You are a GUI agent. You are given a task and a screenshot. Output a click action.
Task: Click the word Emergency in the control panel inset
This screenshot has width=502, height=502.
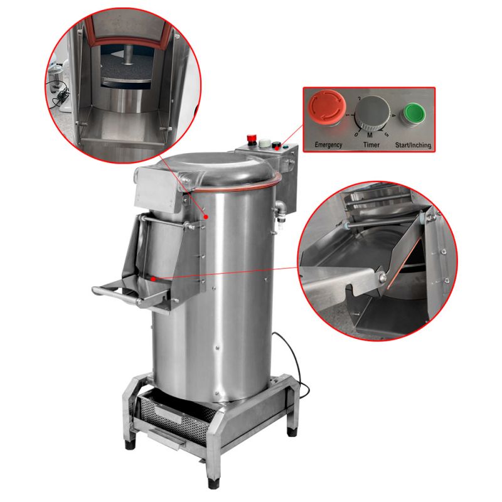click(x=328, y=145)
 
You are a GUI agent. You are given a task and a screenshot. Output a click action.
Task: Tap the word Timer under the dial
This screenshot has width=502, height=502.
click(x=371, y=145)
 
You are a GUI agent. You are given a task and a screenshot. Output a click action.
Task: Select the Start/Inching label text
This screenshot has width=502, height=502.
click(x=413, y=145)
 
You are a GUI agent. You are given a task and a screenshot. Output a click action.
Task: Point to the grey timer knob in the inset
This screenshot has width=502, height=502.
click(x=372, y=113)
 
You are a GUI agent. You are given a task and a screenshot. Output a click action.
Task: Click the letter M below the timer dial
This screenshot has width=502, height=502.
click(x=370, y=136)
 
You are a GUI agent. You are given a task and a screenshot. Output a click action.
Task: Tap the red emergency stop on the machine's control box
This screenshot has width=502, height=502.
click(x=252, y=138)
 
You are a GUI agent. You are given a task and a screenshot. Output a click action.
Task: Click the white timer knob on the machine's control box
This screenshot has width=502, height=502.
click(x=264, y=143)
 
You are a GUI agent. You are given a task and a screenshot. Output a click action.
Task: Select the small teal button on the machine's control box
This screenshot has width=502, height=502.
click(x=285, y=147)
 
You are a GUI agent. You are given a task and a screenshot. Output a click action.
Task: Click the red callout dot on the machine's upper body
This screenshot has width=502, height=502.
click(x=206, y=216)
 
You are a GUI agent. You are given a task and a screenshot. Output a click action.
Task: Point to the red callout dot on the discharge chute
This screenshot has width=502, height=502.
click(x=153, y=279)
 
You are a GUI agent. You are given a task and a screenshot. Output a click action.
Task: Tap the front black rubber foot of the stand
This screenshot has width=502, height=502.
click(x=213, y=483)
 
